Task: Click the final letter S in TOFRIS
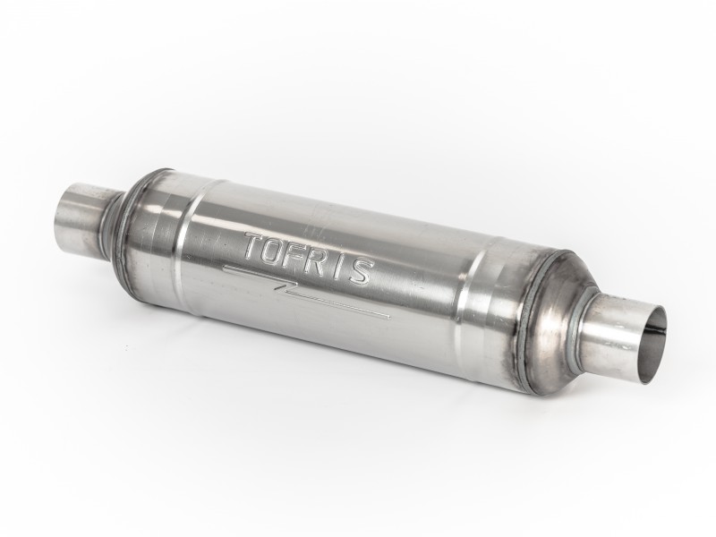(361, 273)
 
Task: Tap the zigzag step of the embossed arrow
(286, 286)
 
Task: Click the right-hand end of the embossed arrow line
(390, 316)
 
